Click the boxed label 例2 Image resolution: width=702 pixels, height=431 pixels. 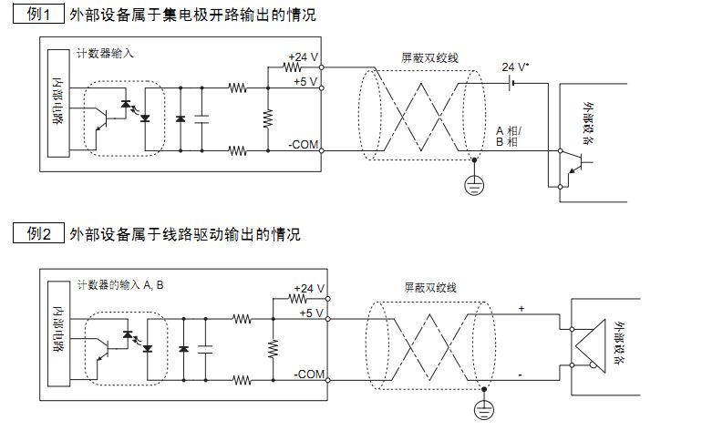(x=39, y=234)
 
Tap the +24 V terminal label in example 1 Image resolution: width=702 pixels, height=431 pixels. (x=303, y=56)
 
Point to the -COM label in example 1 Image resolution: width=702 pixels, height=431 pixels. (x=304, y=143)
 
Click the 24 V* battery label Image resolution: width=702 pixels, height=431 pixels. (x=516, y=67)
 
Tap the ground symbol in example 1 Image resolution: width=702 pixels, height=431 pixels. (x=473, y=185)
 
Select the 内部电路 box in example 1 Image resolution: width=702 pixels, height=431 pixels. (x=58, y=104)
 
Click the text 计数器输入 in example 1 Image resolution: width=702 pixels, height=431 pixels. (x=106, y=53)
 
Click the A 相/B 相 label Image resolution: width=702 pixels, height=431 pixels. (x=506, y=137)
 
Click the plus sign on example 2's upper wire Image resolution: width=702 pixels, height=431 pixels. (x=521, y=308)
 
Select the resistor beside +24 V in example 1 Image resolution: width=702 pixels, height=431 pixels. (x=294, y=67)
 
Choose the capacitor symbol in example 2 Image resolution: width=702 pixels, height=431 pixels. (x=205, y=348)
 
